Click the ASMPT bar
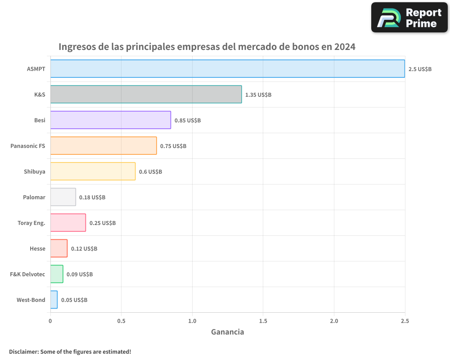pos(227,69)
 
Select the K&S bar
pos(146,94)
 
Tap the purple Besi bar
pos(110,120)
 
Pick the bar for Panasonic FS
pos(103,146)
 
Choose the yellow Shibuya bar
pos(93,171)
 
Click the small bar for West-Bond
pos(54,300)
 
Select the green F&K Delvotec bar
pos(57,274)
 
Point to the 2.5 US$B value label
pos(420,69)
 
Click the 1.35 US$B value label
pos(258,95)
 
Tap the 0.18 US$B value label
pos(92,198)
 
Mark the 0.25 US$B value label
pos(103,223)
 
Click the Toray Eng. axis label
pos(31,223)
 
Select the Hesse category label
pos(37,249)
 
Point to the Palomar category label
pos(34,198)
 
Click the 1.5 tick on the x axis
pos(263,321)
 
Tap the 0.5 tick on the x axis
pos(121,321)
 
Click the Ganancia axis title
pos(228,332)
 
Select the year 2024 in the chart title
pos(345,47)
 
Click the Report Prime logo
pos(409,18)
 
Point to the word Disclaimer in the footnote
pos(24,351)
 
